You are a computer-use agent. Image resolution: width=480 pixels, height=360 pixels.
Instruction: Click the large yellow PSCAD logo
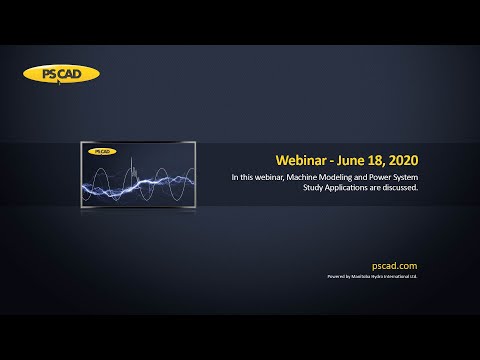point(61,73)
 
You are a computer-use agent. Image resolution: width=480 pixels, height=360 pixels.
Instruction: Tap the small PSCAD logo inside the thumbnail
point(100,151)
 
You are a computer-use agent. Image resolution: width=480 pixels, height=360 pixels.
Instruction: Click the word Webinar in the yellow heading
point(303,160)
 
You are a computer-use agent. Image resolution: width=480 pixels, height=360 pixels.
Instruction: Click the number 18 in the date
point(384,160)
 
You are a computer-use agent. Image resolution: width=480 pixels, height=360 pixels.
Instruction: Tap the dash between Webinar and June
point(337,160)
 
